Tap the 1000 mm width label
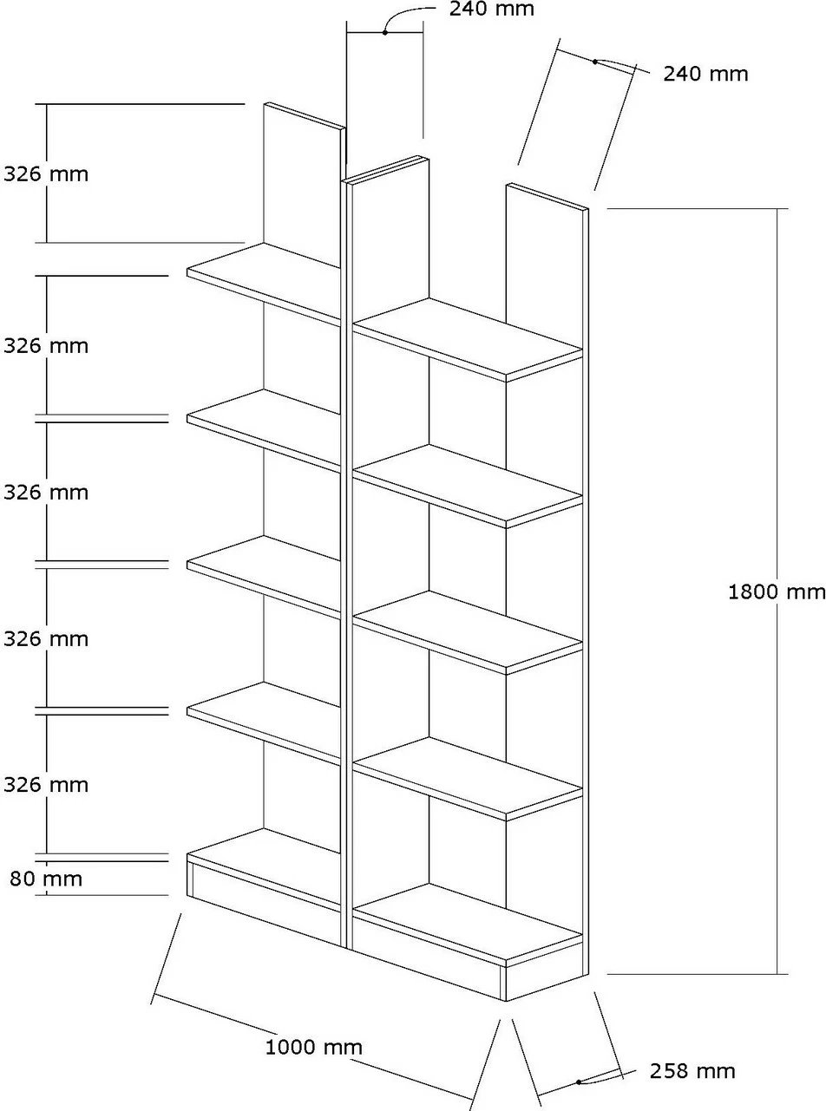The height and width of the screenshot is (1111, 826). (x=313, y=1048)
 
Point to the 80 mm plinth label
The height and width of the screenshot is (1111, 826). (x=46, y=879)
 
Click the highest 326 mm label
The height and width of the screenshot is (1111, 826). (x=46, y=173)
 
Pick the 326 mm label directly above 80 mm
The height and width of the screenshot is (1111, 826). (x=46, y=785)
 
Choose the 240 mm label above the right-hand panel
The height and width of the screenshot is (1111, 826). (x=705, y=74)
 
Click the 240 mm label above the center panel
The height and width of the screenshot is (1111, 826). (x=492, y=10)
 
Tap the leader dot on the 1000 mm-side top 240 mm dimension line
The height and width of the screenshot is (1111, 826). (x=384, y=32)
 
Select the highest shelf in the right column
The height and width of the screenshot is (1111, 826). (x=469, y=338)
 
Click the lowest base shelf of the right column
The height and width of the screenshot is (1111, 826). (x=469, y=924)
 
